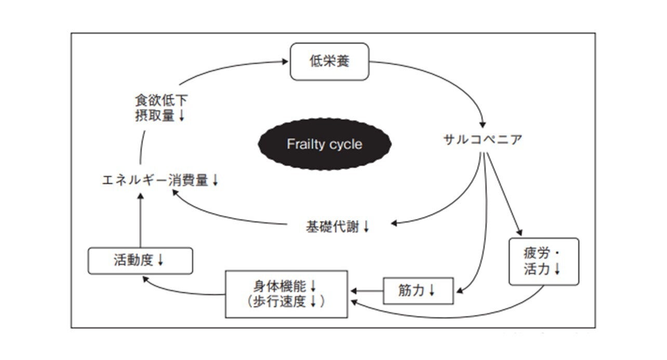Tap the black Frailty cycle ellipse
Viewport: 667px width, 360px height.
click(x=324, y=144)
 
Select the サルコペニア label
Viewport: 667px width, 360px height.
click(x=483, y=139)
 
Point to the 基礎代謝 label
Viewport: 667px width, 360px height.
click(x=333, y=226)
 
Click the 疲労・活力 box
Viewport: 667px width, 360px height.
click(x=544, y=261)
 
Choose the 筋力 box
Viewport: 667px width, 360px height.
click(x=418, y=290)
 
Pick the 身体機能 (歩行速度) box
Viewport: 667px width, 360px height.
click(x=286, y=294)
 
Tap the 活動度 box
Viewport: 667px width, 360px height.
click(x=140, y=260)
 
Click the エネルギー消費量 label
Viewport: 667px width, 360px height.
click(x=155, y=180)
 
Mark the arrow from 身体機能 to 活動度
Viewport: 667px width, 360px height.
click(x=182, y=291)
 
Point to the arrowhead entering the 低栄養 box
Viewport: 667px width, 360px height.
click(x=285, y=61)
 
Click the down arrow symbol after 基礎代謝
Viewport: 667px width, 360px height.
click(x=366, y=227)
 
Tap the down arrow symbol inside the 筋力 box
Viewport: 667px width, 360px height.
click(x=432, y=291)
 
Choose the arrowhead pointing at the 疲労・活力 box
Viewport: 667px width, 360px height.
click(x=518, y=232)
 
